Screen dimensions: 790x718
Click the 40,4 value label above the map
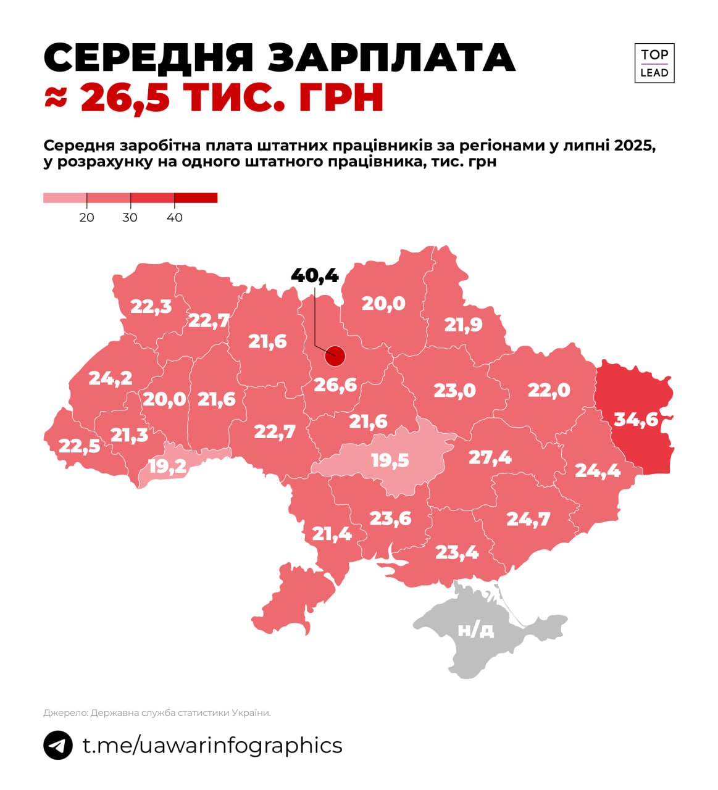pos(315,275)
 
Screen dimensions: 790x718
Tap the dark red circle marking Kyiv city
pos(335,355)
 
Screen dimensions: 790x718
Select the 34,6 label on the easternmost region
pos(636,420)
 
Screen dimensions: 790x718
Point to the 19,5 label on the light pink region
pos(390,460)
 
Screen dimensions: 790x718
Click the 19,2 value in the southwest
pos(167,466)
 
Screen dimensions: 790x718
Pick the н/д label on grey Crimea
pos(476,630)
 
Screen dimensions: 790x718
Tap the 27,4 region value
pos(490,457)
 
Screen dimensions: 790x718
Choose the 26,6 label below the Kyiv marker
pos(335,385)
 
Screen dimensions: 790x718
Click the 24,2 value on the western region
pos(111,378)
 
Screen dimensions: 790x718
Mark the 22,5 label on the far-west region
pos(79,445)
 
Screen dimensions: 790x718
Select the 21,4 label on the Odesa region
pos(332,533)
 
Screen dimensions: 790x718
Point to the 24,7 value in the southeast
pos(528,519)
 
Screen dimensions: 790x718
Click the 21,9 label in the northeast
pos(463,325)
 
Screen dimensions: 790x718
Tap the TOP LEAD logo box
pos(654,63)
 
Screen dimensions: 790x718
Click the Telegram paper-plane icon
pos(58,745)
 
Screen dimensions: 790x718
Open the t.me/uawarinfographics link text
pos(212,745)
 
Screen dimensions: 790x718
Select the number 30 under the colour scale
pos(130,217)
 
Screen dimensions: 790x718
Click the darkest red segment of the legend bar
pos(196,197)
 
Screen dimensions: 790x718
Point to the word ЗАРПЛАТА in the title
pos(391,59)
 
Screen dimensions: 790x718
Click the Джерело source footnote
pos(157,713)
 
